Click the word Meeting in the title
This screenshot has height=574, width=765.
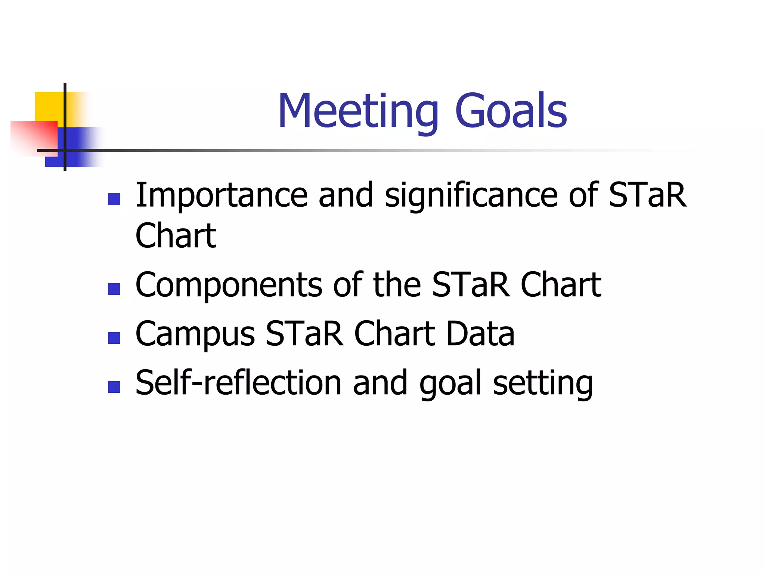pos(358,111)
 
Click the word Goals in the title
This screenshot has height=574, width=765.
pos(511,111)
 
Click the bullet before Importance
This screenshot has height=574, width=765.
pos(114,199)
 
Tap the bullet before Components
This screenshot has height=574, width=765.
pos(114,288)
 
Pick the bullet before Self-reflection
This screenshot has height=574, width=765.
pos(114,387)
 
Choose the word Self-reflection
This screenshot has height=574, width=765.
pos(238,383)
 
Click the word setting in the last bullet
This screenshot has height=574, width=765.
pos(542,383)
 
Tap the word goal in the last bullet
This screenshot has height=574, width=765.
pos(450,383)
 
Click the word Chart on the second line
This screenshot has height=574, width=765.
pos(176,235)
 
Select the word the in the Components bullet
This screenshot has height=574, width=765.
pos(397,285)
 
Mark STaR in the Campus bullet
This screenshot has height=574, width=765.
pos(304,333)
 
